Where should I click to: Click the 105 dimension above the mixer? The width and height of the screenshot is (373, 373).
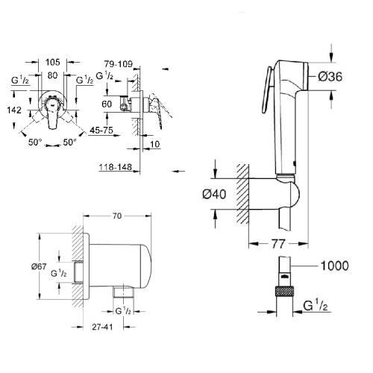coord(51,63)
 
